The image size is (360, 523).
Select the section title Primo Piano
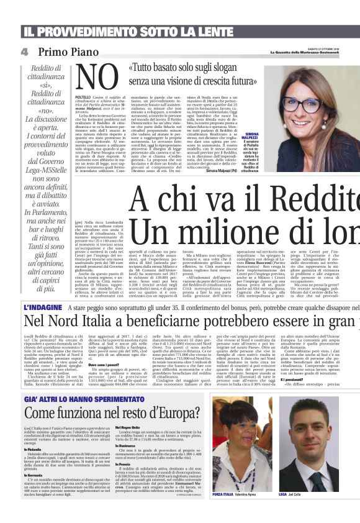[x=71, y=52]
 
